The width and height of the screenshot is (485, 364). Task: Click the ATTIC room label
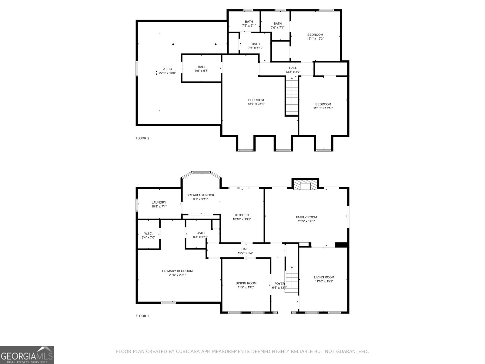coord(167,69)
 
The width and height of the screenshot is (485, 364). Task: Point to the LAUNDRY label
coord(159,202)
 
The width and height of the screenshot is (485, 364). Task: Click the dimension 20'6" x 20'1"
coord(177,275)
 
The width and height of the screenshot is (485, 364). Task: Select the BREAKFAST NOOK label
coord(200,195)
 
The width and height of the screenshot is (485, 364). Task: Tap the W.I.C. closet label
coord(148,233)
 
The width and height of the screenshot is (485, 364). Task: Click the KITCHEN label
coord(242,215)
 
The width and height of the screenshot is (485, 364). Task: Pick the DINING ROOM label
coord(246,283)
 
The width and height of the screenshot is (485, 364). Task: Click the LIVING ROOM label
coord(324,277)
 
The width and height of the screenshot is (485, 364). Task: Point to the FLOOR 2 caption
coord(142,138)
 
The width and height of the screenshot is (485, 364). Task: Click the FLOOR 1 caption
coord(142,316)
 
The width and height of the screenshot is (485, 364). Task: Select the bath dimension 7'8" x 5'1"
coord(249,26)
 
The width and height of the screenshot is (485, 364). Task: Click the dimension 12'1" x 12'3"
coord(315,39)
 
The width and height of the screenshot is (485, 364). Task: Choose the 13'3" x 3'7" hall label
coord(293,72)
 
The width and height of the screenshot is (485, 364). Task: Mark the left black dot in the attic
coord(173,45)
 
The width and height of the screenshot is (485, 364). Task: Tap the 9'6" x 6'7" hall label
coord(202,71)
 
